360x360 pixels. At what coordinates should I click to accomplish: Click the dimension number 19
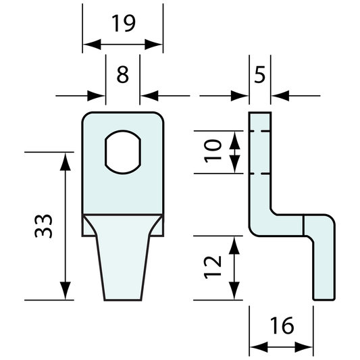click(122, 24)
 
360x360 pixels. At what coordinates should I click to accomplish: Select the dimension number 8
click(122, 74)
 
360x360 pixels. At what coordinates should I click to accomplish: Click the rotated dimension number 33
click(42, 226)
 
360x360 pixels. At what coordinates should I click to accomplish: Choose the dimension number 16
click(281, 326)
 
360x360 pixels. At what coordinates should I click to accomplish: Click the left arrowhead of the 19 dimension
click(88, 45)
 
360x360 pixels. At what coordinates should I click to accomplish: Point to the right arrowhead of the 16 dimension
click(307, 348)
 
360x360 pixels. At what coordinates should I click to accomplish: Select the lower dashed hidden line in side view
click(260, 173)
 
